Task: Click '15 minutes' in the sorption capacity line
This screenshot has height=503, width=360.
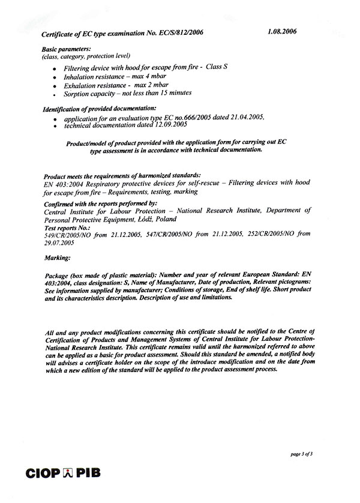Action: coord(173,93)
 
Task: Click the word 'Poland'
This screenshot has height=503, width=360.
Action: coord(164,219)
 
